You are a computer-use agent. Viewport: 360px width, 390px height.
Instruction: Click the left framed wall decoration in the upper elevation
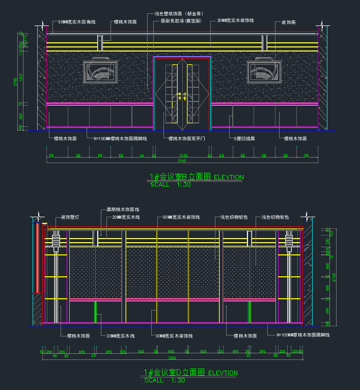[x=101, y=71]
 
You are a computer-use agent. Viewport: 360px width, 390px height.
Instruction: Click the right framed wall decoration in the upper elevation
[x=265, y=71]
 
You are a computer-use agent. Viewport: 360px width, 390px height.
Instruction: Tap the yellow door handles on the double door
[x=181, y=95]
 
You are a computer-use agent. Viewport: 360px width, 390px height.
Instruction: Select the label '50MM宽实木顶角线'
[x=77, y=22]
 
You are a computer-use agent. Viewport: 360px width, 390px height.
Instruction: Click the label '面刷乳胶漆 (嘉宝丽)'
[x=181, y=21]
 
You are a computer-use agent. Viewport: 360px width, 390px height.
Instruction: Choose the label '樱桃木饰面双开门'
[x=187, y=138]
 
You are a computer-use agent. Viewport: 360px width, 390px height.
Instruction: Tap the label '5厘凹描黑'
[x=244, y=138]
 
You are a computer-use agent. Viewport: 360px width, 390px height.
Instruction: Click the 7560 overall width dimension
[x=181, y=161]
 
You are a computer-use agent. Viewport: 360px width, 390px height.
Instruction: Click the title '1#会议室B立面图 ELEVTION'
[x=197, y=177]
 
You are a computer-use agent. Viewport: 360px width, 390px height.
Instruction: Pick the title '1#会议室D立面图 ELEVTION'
[x=191, y=373]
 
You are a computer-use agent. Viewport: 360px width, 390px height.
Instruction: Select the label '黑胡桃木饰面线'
[x=123, y=210]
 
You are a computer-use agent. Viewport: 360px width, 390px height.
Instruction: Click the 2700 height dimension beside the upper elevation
[x=16, y=82]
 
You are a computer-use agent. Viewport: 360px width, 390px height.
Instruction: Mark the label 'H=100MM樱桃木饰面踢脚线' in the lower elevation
[x=303, y=335]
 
